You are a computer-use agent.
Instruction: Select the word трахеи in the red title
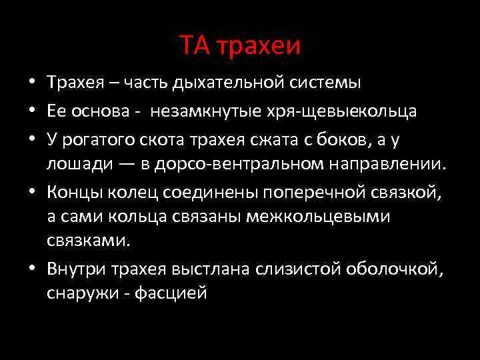[x=257, y=46]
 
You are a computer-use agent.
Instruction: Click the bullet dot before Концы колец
[x=32, y=193]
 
